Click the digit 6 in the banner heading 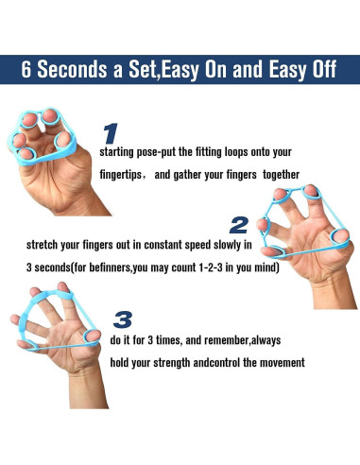point(26,69)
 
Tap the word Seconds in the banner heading point(72,69)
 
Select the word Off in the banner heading point(324,69)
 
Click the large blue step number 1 point(111,133)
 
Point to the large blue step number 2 point(239,225)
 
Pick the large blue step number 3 point(123,319)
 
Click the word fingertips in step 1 point(121,175)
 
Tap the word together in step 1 point(281,174)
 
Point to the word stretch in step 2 point(42,245)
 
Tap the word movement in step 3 point(284,362)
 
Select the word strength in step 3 point(172,363)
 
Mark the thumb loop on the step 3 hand point(93,337)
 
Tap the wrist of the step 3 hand point(88,389)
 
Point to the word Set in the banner point(143,69)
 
